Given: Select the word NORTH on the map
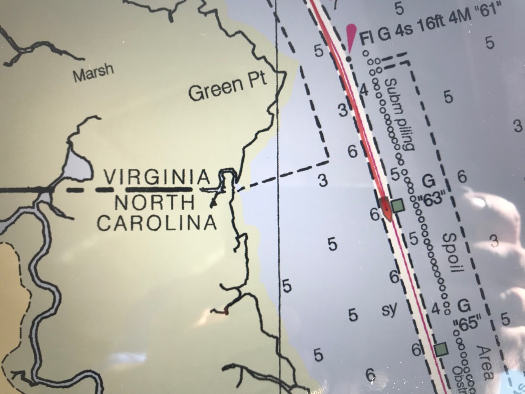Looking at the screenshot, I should tap(156, 202).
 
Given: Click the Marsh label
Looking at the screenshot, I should tap(94, 72).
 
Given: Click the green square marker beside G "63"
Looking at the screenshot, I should tap(397, 205).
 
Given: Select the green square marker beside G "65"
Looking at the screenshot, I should tap(441, 349).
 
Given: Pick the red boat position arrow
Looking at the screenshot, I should tap(385, 209).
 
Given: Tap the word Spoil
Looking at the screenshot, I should tap(452, 253).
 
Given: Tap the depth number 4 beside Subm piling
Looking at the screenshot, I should tap(364, 89).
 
